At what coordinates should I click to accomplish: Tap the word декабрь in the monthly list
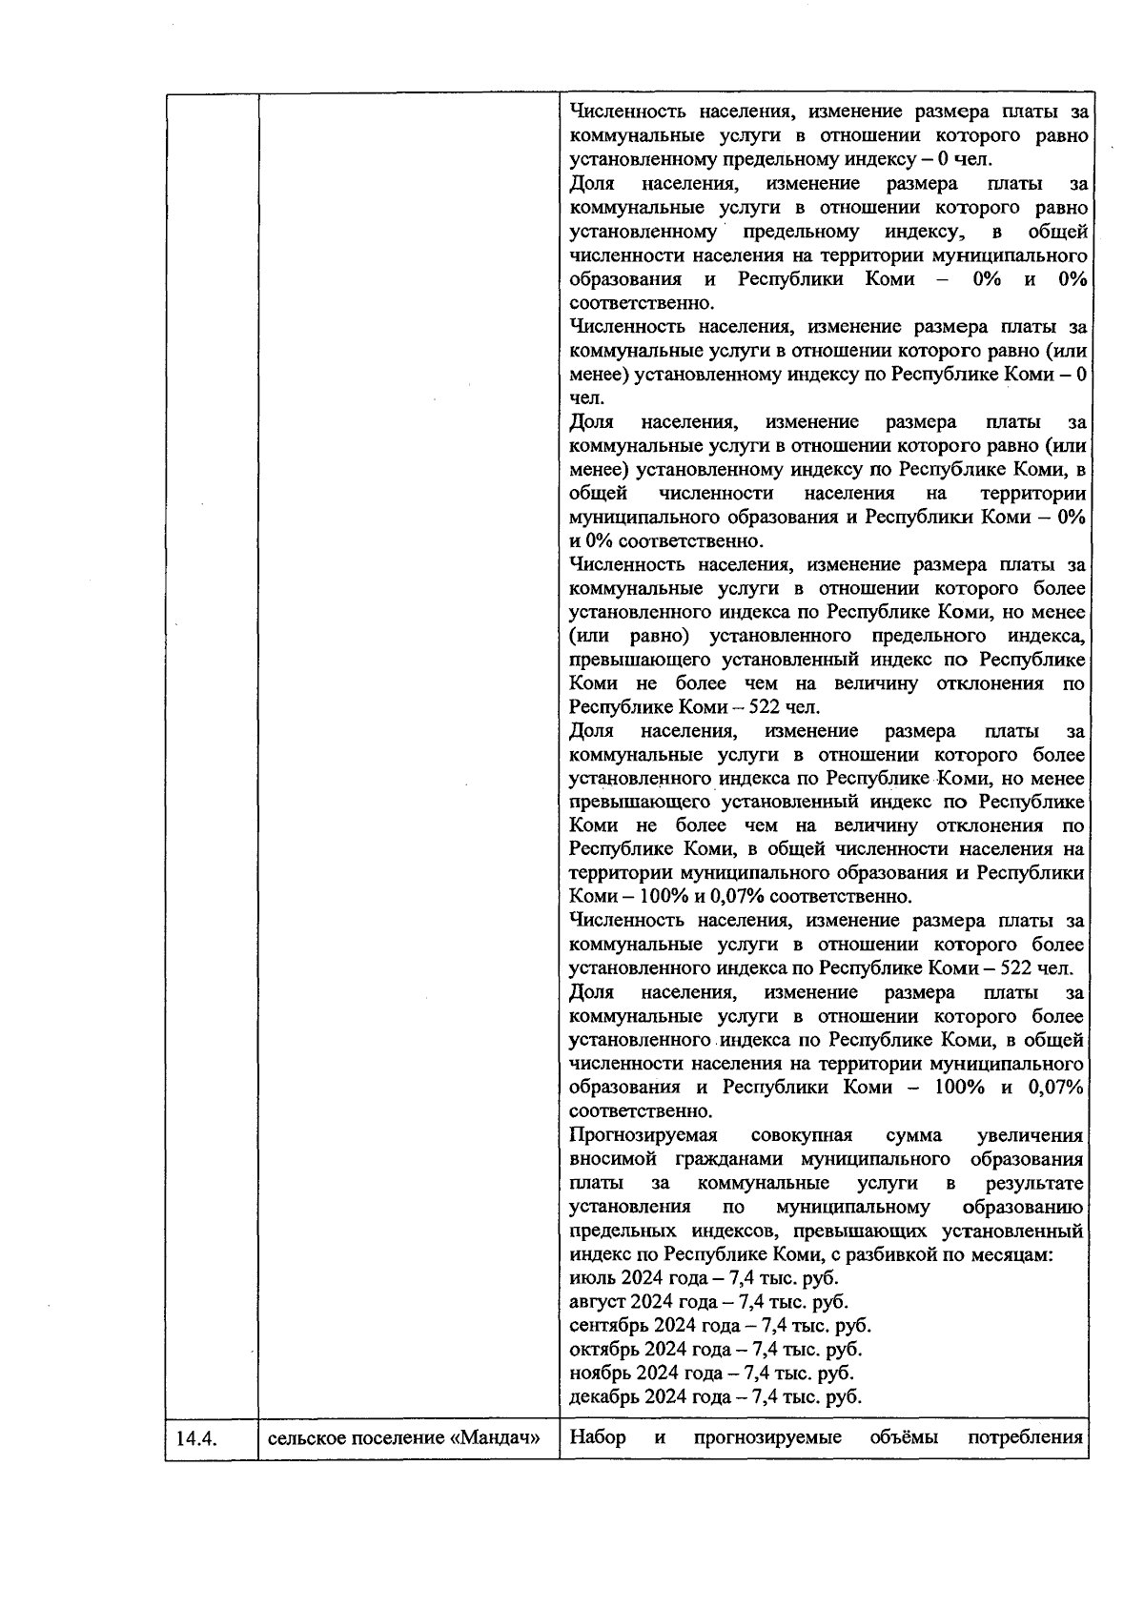(603, 1397)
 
